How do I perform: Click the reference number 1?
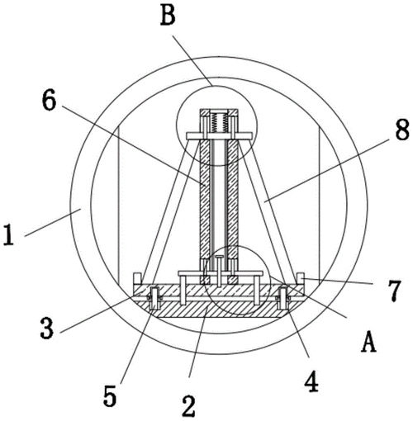click(8, 234)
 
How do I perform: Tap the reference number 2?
click(189, 406)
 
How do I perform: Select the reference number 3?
click(46, 328)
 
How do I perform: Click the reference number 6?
click(49, 102)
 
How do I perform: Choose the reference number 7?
click(394, 289)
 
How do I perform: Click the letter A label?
click(368, 342)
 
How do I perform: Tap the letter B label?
click(168, 16)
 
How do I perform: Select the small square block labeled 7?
click(301, 278)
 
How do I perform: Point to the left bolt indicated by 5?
click(154, 299)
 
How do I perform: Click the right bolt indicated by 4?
click(282, 298)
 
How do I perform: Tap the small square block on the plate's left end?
click(137, 278)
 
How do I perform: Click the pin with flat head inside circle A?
click(220, 271)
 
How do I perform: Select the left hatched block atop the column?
click(205, 113)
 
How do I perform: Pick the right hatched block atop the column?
click(233, 113)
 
